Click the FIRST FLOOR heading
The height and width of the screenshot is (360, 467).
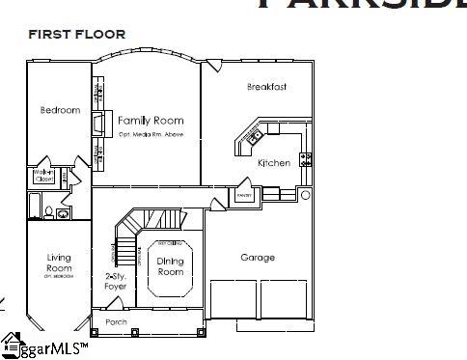(x=77, y=34)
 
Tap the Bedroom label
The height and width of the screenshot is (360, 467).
(x=60, y=111)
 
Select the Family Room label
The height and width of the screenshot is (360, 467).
(x=151, y=121)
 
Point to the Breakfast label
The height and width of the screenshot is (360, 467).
(x=266, y=88)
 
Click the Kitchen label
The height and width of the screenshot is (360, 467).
(x=273, y=163)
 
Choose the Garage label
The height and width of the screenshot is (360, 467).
(x=258, y=257)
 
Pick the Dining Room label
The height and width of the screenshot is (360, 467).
(x=171, y=266)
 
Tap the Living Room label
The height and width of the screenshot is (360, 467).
(x=59, y=263)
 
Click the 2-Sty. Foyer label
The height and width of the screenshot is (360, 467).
(x=115, y=281)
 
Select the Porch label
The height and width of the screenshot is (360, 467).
(x=116, y=321)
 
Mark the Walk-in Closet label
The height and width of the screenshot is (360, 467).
(x=44, y=176)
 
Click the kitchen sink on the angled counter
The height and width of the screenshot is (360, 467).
(x=255, y=137)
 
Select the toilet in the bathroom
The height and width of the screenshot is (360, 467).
(x=62, y=213)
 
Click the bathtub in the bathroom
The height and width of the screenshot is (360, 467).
(x=36, y=206)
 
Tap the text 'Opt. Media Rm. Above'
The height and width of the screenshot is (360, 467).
(x=151, y=134)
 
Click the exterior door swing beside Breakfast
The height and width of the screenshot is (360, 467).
(x=211, y=65)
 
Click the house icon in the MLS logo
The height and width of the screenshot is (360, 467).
(x=12, y=343)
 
